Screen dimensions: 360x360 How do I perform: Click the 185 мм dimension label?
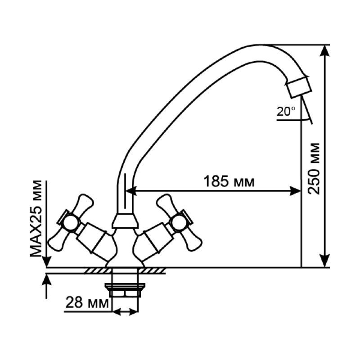point(229,182)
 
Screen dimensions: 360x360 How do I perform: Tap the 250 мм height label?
point(314,169)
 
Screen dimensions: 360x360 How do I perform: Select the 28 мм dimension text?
point(87,302)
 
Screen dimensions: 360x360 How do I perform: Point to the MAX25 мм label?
point(36,219)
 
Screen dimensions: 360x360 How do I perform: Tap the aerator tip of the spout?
point(298,87)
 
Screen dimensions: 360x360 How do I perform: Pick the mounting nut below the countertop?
point(125,290)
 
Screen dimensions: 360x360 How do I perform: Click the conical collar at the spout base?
point(125,221)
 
